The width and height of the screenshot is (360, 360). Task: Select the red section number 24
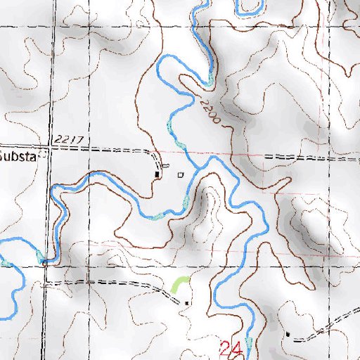coord(231,348)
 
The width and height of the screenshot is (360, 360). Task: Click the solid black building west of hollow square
coord(157,173)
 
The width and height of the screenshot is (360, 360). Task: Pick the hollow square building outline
coord(180,173)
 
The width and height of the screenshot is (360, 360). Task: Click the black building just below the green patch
coord(186,302)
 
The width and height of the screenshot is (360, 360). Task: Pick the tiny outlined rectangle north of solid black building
coord(166,166)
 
